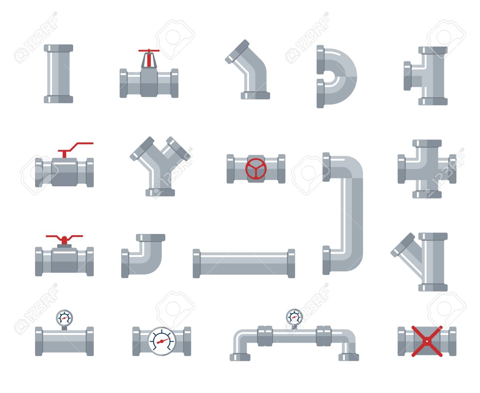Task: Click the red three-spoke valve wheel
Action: coord(256,169)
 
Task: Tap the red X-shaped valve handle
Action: coord(427,341)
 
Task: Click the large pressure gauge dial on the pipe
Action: coord(162,341)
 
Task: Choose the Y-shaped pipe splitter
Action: coord(160,166)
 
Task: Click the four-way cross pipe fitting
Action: coord(427,169)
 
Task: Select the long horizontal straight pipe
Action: coord(244,263)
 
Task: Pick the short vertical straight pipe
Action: coord(58,74)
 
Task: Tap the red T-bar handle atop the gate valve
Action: coord(149,57)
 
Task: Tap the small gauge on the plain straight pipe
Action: coord(64,318)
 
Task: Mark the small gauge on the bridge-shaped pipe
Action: coord(294,317)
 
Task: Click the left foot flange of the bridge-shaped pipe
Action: coord(240,357)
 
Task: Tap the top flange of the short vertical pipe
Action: coord(58,48)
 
